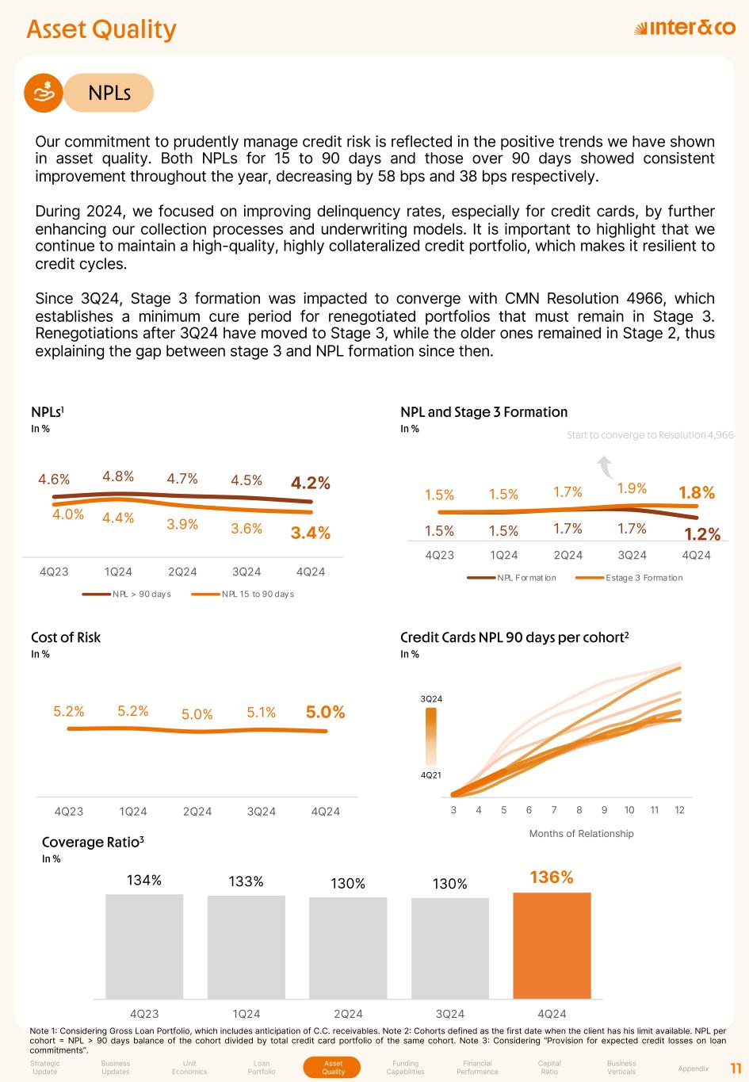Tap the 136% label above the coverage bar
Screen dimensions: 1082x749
pyautogui.click(x=551, y=877)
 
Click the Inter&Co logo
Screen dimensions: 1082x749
pyautogui.click(x=685, y=29)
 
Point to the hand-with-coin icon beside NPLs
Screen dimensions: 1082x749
pyautogui.click(x=45, y=93)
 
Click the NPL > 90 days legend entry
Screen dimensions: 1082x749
pyautogui.click(x=127, y=594)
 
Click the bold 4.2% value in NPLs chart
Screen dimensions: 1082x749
pyautogui.click(x=311, y=483)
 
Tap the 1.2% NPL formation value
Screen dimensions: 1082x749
pyautogui.click(x=702, y=534)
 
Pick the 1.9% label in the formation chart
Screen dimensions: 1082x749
pyautogui.click(x=632, y=488)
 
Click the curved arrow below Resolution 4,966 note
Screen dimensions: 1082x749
pyautogui.click(x=607, y=467)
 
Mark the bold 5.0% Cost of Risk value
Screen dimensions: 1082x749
pyautogui.click(x=326, y=712)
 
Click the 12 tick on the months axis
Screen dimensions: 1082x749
pyautogui.click(x=679, y=809)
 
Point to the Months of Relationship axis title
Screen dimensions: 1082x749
pyautogui.click(x=581, y=833)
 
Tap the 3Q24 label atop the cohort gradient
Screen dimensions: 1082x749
pyautogui.click(x=430, y=698)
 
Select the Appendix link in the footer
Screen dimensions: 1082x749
pyautogui.click(x=694, y=1069)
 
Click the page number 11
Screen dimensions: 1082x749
pyautogui.click(x=735, y=1068)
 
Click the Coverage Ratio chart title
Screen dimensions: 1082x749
pyautogui.click(x=93, y=842)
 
